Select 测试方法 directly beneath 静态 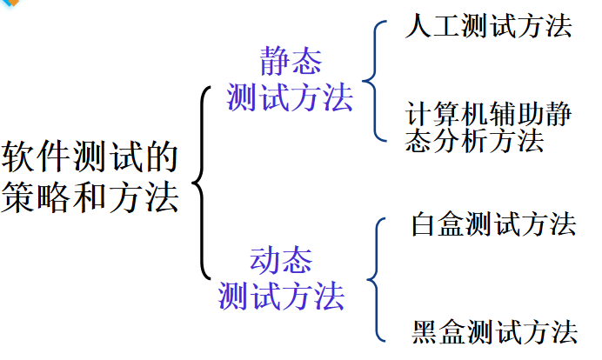pyautogui.click(x=290, y=97)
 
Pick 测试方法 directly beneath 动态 pyautogui.click(x=281, y=296)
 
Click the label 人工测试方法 pyautogui.click(x=488, y=26)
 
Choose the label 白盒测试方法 pyautogui.click(x=493, y=224)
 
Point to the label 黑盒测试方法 pyautogui.click(x=494, y=330)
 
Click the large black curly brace pyautogui.click(x=204, y=182)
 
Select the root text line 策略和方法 pyautogui.click(x=90, y=198)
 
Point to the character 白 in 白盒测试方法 pyautogui.click(x=424, y=224)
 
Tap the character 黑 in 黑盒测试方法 pyautogui.click(x=425, y=330)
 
